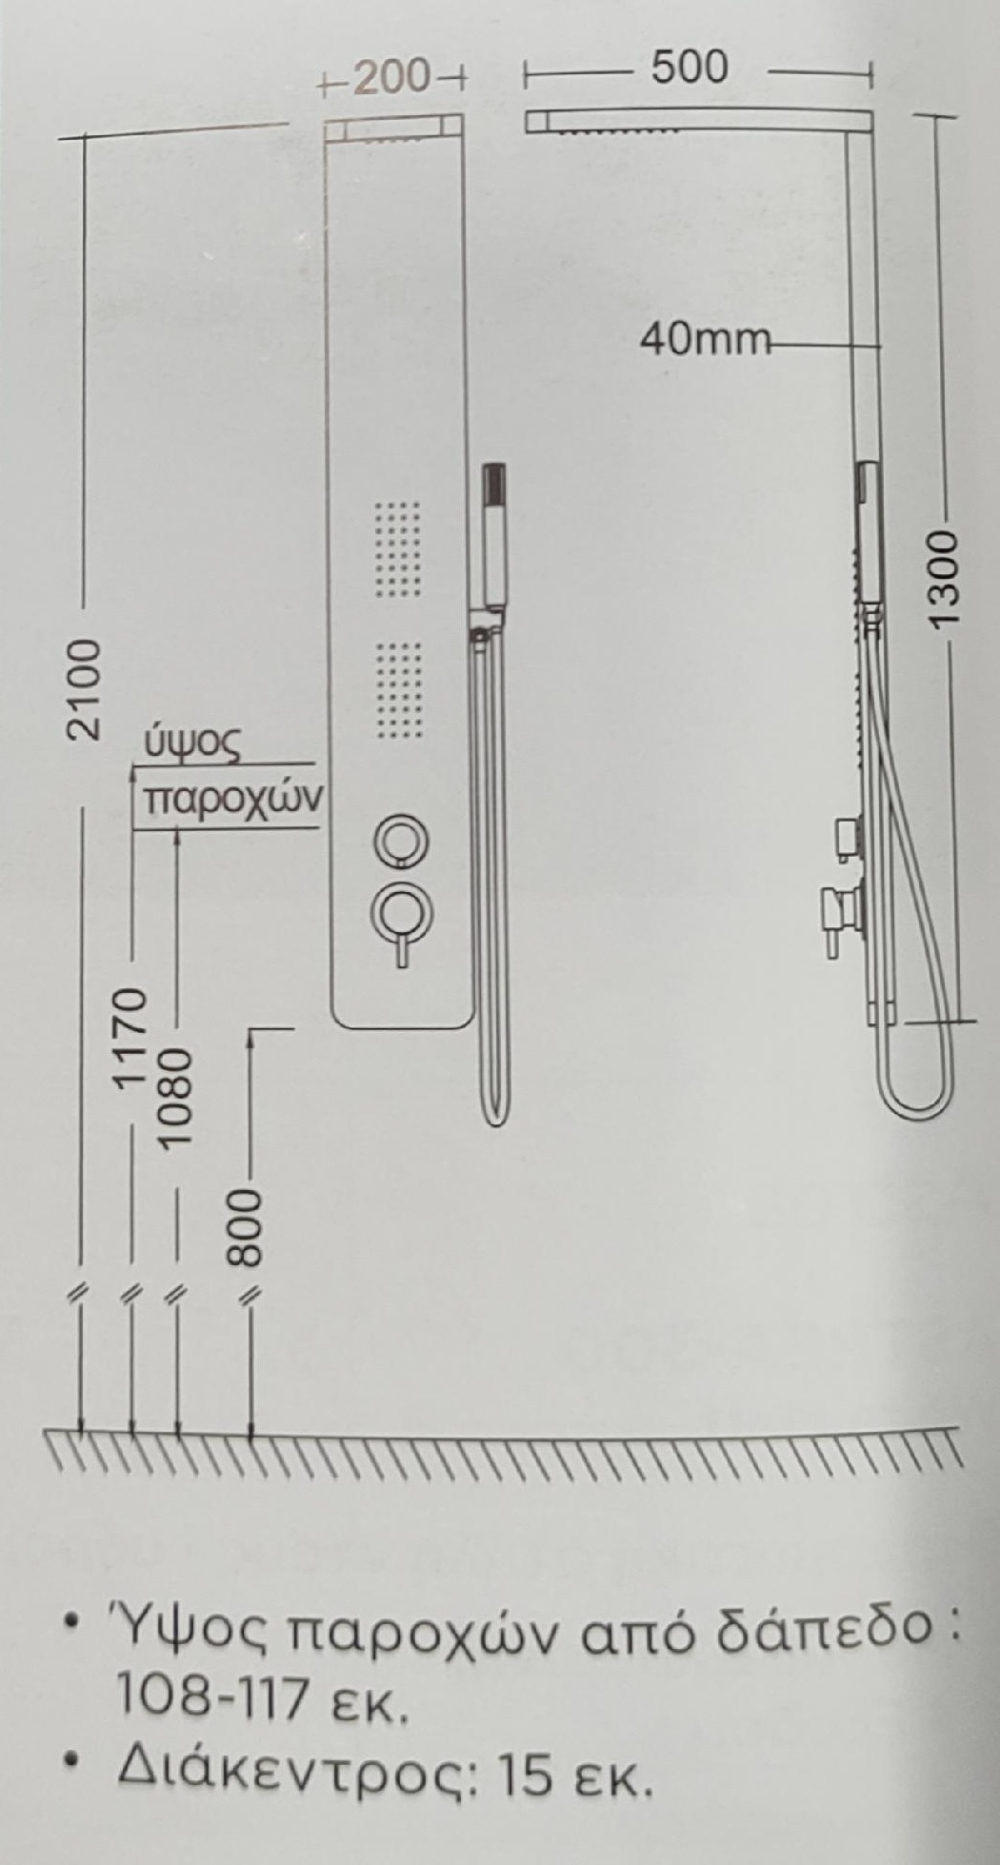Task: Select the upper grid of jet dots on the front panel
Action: [399, 549]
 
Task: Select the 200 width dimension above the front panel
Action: [392, 78]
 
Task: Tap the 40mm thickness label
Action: [703, 338]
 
